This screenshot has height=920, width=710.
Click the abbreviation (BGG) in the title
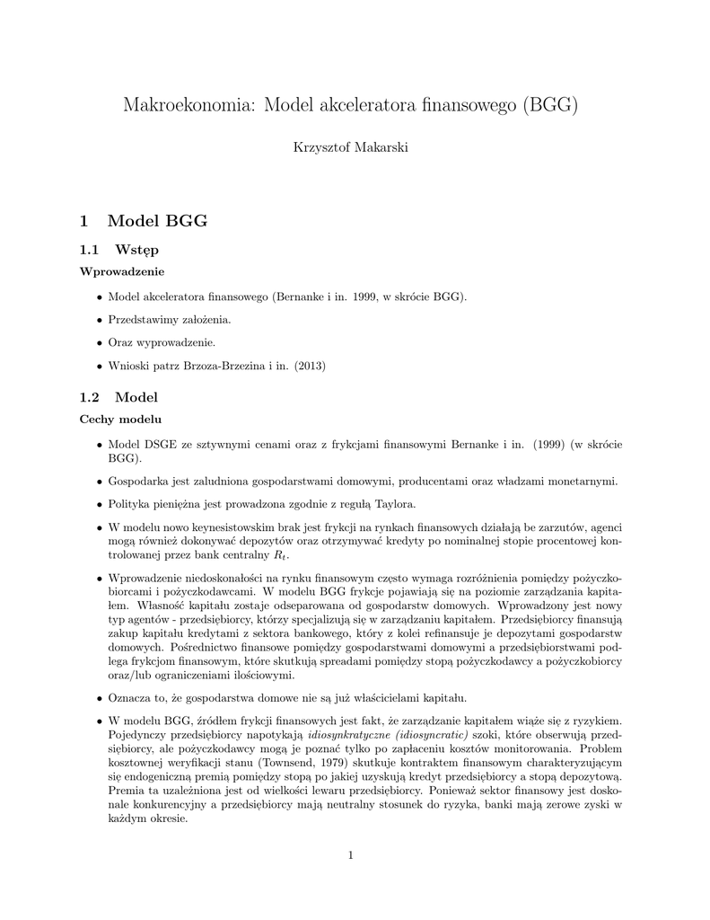click(548, 105)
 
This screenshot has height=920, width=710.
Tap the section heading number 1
click(83, 221)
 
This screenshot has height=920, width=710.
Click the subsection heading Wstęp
click(137, 249)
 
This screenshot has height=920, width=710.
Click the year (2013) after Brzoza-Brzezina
click(307, 366)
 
